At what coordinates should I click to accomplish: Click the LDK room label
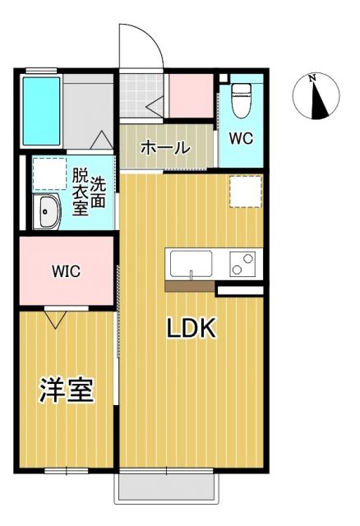tap(192, 329)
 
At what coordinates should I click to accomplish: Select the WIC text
tap(66, 272)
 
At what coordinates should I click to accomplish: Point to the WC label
tap(240, 138)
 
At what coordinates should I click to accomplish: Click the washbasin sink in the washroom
tap(46, 213)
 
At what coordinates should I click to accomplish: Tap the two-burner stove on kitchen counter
tap(242, 265)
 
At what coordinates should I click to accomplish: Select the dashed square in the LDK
tap(245, 191)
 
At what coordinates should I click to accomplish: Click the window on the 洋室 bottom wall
tap(67, 470)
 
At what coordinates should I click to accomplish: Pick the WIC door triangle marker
tap(56, 318)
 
